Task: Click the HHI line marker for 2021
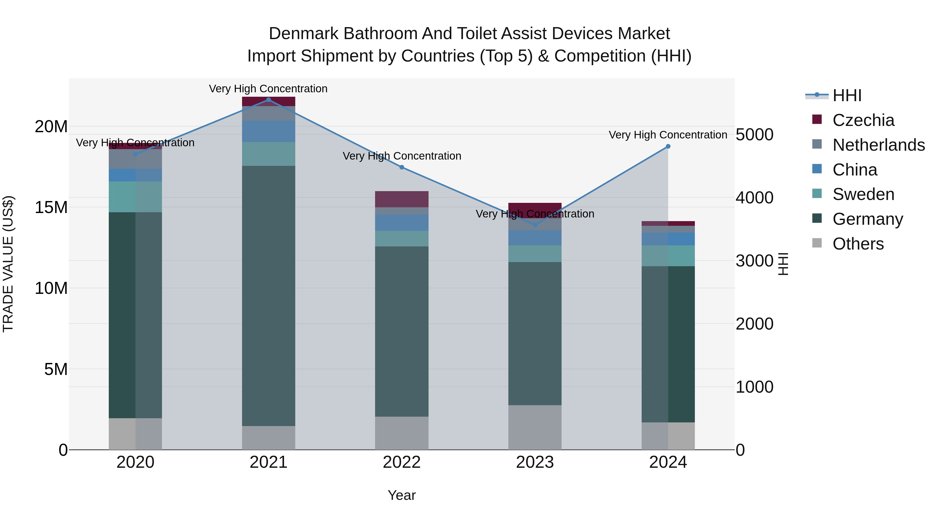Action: point(268,100)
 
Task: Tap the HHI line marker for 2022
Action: point(402,167)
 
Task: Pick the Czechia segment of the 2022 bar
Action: point(402,199)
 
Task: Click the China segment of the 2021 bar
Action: point(268,131)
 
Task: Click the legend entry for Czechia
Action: point(863,120)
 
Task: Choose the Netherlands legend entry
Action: point(878,145)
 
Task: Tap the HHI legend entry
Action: point(846,95)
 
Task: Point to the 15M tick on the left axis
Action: point(51,207)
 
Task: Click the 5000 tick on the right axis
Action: point(754,135)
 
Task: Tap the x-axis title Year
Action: point(402,495)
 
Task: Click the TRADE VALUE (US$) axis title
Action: point(8,264)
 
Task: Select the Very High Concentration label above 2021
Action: point(268,89)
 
